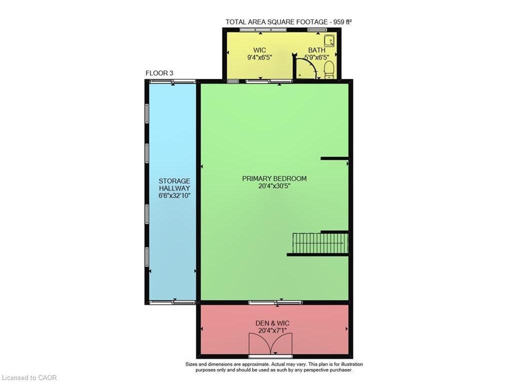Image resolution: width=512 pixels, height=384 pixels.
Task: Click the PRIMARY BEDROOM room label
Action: (274, 178)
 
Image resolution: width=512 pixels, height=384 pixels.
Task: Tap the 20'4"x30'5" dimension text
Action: (274, 186)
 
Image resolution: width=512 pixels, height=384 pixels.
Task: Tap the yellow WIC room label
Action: (259, 50)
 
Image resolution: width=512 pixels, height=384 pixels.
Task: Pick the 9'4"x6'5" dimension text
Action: (259, 57)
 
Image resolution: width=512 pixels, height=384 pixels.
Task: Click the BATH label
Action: (316, 50)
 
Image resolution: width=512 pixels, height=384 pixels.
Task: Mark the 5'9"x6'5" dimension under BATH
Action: (316, 57)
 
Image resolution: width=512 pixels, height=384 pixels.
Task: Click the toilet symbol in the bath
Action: (329, 70)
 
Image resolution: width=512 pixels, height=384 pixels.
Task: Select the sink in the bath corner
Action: (329, 40)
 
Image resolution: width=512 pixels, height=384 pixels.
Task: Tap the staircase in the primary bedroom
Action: (320, 243)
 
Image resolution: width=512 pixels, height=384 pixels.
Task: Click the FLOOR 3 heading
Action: (159, 73)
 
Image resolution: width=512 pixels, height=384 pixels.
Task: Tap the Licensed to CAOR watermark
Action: (29, 377)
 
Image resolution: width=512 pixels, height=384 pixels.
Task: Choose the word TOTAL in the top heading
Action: (235, 22)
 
